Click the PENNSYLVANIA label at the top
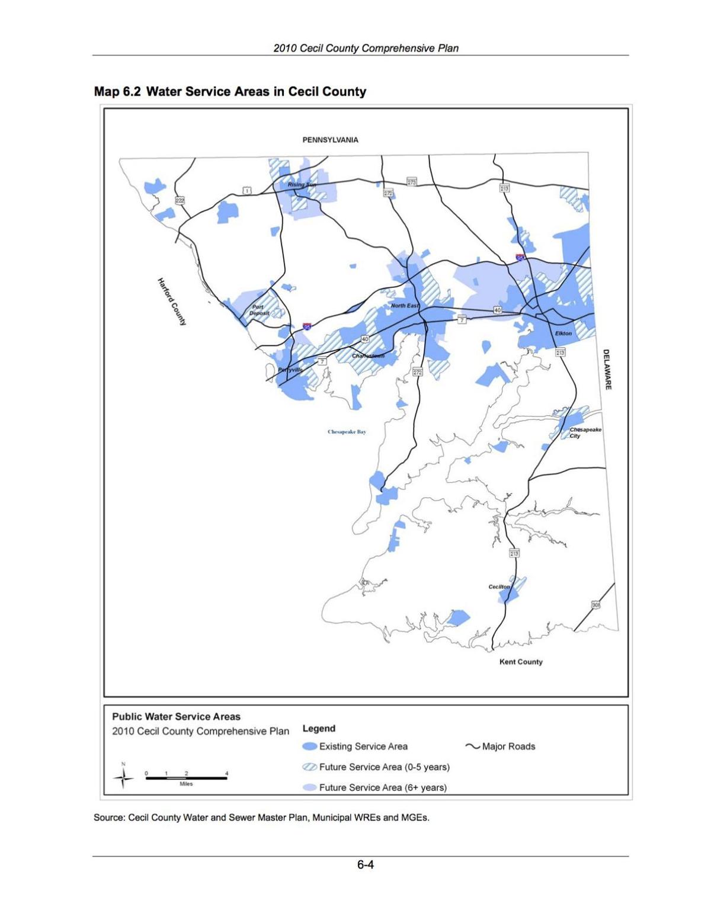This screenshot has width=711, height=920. (330, 140)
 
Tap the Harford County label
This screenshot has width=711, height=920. (171, 302)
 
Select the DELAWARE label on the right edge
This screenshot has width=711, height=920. (607, 369)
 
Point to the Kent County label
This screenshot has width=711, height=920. (521, 662)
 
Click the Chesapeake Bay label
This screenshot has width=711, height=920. (347, 432)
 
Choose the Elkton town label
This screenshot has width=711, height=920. (563, 334)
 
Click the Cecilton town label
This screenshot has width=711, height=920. (499, 586)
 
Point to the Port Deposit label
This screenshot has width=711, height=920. (259, 310)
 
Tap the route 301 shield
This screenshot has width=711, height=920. (595, 605)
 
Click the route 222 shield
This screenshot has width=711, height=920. (180, 201)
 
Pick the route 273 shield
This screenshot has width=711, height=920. (411, 182)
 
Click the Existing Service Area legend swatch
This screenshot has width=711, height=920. (310, 746)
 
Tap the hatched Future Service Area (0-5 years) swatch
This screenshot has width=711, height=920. (310, 767)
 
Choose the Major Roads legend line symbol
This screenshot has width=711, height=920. (472, 746)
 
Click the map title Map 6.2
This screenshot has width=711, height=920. (230, 92)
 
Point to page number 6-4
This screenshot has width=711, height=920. (365, 865)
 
